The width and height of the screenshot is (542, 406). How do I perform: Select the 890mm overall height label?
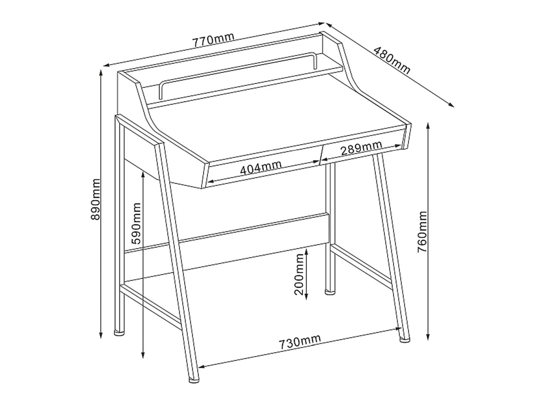[96, 199]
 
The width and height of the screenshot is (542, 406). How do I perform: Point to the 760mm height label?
[422, 232]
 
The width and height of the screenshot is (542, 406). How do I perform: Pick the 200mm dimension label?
[299, 274]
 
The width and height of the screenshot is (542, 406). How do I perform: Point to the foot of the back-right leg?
[330, 292]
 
